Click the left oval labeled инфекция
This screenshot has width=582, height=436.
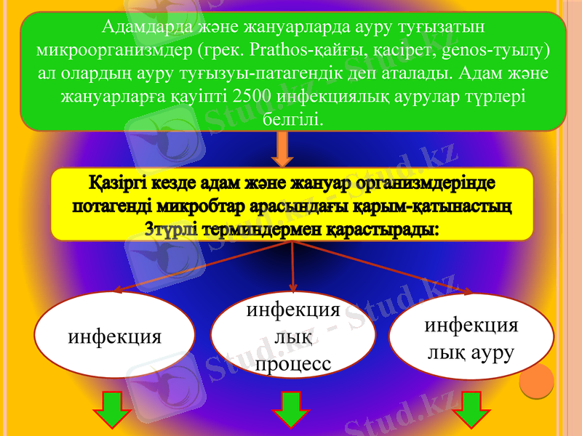[x=114, y=336]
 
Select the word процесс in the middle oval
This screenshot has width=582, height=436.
[x=293, y=363]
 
